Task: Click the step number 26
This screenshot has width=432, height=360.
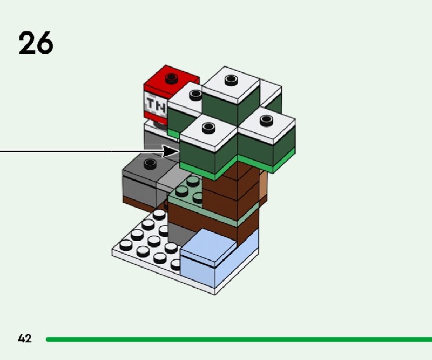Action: (x=36, y=43)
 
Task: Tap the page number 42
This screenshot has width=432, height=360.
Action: (x=25, y=339)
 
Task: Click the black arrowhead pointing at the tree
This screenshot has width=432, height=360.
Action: (x=172, y=151)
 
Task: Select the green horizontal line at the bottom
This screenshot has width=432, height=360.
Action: (x=238, y=339)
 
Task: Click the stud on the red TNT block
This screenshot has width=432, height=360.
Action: (x=172, y=78)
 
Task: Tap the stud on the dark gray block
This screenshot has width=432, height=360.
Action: (x=150, y=163)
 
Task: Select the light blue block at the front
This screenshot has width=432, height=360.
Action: (x=211, y=259)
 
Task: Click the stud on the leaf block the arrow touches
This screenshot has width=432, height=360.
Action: (x=208, y=128)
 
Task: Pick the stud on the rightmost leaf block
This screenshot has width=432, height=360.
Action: (x=265, y=119)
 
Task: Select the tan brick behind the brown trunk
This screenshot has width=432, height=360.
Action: (x=263, y=187)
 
